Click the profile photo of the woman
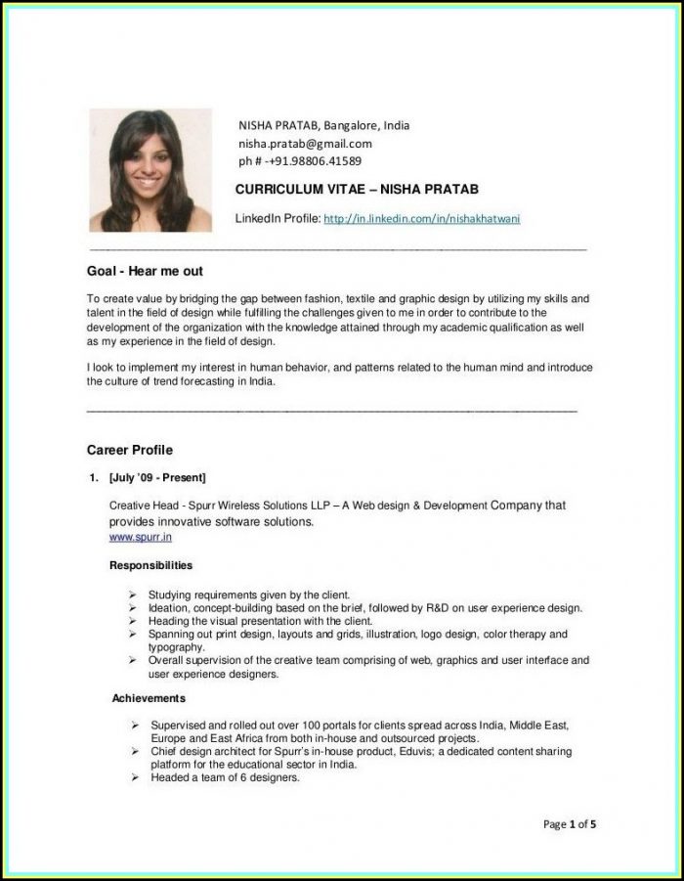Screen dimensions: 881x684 (x=150, y=170)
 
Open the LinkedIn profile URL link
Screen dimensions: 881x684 (x=421, y=219)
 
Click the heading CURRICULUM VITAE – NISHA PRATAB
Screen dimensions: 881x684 (x=357, y=189)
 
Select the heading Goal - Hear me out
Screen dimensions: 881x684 (x=145, y=271)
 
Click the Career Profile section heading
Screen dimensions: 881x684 (x=130, y=450)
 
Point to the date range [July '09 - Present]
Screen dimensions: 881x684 (x=157, y=478)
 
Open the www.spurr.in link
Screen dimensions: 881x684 (x=141, y=537)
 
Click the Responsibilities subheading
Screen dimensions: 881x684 (x=150, y=565)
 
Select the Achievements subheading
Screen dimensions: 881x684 (x=149, y=698)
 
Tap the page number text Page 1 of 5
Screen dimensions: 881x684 (x=570, y=824)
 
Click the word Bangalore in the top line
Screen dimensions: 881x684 (x=353, y=125)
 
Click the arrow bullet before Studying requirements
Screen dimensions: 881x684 (x=132, y=595)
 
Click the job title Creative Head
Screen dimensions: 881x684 (x=143, y=507)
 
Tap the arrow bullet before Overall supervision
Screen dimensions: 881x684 (x=132, y=661)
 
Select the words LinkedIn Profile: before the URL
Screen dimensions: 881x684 (x=278, y=219)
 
